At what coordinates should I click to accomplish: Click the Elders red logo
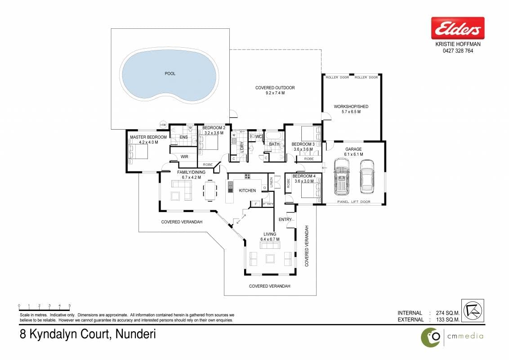click(458, 28)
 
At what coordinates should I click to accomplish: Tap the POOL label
click(170, 74)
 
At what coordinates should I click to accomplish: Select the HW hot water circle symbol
click(163, 125)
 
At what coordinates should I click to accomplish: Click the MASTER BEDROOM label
click(148, 137)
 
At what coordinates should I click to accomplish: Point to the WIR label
click(184, 157)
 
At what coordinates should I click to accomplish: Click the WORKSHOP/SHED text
click(351, 107)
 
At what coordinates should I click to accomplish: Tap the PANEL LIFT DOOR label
click(354, 202)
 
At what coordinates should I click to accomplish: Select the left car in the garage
click(342, 176)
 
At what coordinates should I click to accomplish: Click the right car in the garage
click(367, 176)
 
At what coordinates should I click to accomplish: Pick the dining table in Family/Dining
click(210, 190)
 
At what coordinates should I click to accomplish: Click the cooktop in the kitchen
click(247, 176)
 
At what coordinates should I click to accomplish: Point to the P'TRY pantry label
click(268, 204)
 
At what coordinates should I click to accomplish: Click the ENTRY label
click(286, 220)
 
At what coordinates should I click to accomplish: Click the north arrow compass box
click(473, 310)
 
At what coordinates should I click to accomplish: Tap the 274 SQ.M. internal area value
click(448, 313)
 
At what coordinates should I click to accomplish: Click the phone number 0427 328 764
click(458, 51)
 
